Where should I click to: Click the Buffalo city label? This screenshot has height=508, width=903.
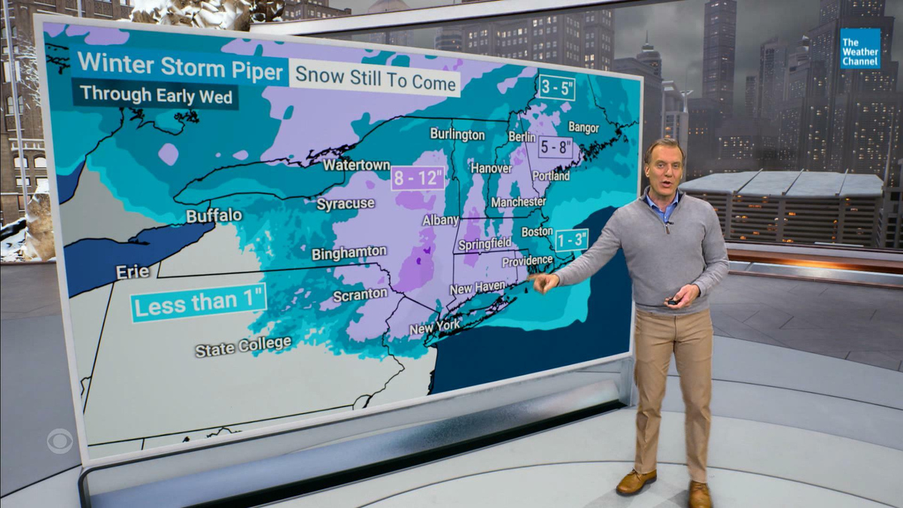point(214,216)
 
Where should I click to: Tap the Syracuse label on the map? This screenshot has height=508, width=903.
point(345,204)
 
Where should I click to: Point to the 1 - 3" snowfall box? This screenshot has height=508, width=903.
point(571,240)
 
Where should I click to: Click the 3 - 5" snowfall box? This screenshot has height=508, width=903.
point(558,88)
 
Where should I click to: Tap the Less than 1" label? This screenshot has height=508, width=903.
point(199,303)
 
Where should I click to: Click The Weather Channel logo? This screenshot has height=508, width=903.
point(860,49)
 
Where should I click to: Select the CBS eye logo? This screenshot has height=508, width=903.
point(59,440)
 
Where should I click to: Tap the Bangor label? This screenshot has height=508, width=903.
point(583,126)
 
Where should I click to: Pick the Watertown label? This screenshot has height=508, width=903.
point(357,165)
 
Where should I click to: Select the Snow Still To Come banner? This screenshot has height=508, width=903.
point(375,78)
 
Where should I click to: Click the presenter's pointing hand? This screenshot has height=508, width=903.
point(544,283)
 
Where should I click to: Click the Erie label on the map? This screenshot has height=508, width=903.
point(132,272)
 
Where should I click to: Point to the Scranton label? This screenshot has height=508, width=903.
point(360,294)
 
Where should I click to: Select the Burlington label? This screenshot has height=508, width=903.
point(457,134)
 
